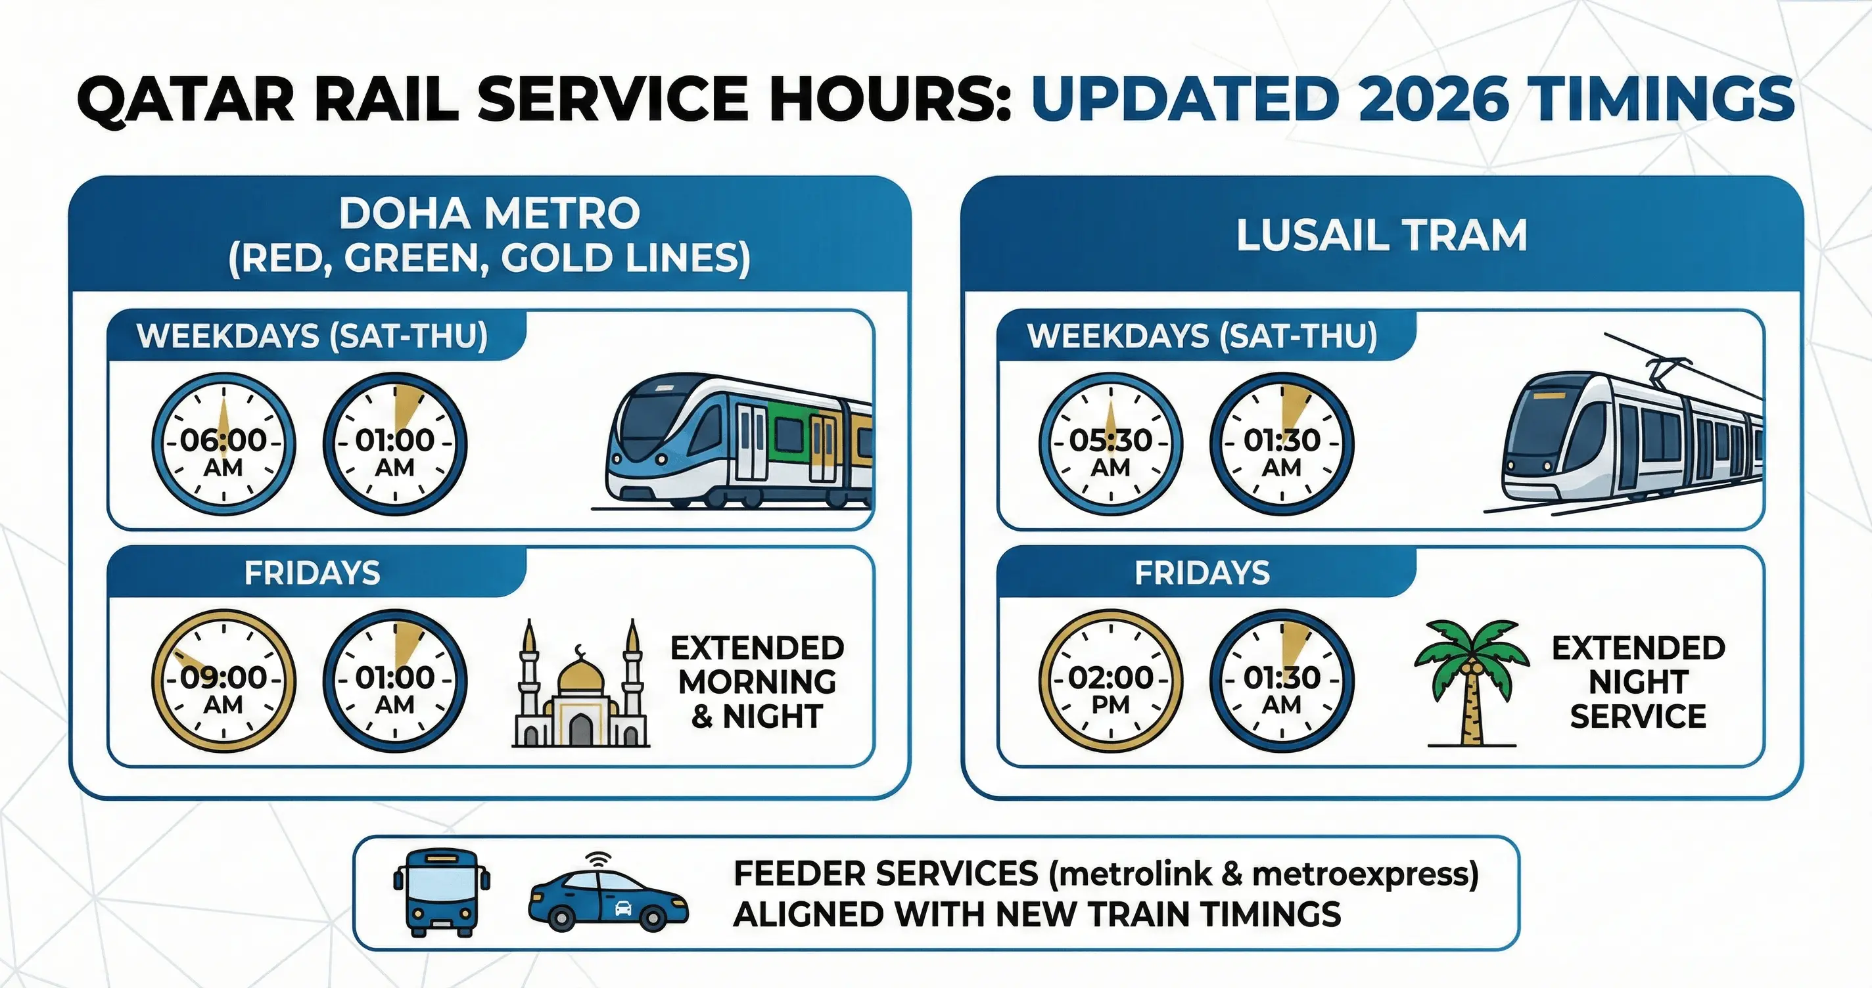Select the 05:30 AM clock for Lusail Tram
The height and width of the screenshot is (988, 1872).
(1110, 444)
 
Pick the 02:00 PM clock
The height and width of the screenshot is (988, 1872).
(1110, 681)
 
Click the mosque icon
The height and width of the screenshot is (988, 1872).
(580, 686)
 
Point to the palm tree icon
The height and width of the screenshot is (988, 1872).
(1472, 679)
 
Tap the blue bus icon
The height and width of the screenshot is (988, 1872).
(442, 892)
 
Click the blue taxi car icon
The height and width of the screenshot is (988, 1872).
(607, 895)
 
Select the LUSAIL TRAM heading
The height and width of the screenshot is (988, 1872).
(1382, 235)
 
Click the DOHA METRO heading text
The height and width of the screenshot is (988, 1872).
(489, 213)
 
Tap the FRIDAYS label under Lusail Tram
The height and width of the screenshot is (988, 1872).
(1202, 572)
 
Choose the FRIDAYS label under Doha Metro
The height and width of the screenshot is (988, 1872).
(312, 572)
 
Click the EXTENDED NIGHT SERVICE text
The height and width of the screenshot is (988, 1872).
(1638, 681)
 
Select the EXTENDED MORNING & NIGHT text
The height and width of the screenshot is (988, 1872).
(757, 681)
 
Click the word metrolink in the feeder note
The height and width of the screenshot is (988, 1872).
(1138, 873)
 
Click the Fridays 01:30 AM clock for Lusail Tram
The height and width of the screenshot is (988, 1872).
(1281, 681)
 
